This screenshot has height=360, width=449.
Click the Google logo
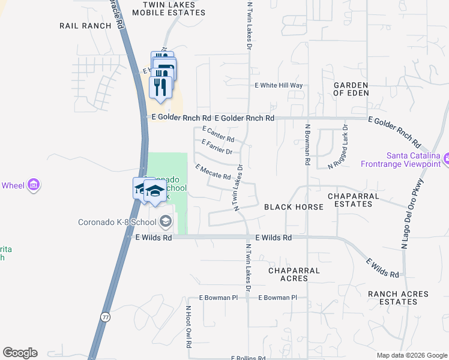coord(20,353)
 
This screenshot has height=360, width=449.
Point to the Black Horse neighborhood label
coord(294,207)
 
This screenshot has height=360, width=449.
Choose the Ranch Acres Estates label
coord(399,298)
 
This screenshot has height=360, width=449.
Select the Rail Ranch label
coord(86,26)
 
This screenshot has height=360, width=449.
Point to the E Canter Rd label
coord(218,134)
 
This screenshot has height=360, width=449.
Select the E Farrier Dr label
coord(217,147)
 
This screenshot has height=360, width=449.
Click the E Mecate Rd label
coord(213,172)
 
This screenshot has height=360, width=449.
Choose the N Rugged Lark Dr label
coord(338,146)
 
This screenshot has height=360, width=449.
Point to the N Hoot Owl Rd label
coord(188,328)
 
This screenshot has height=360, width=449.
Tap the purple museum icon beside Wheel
coord(34,185)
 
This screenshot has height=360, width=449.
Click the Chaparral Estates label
coord(354,200)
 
